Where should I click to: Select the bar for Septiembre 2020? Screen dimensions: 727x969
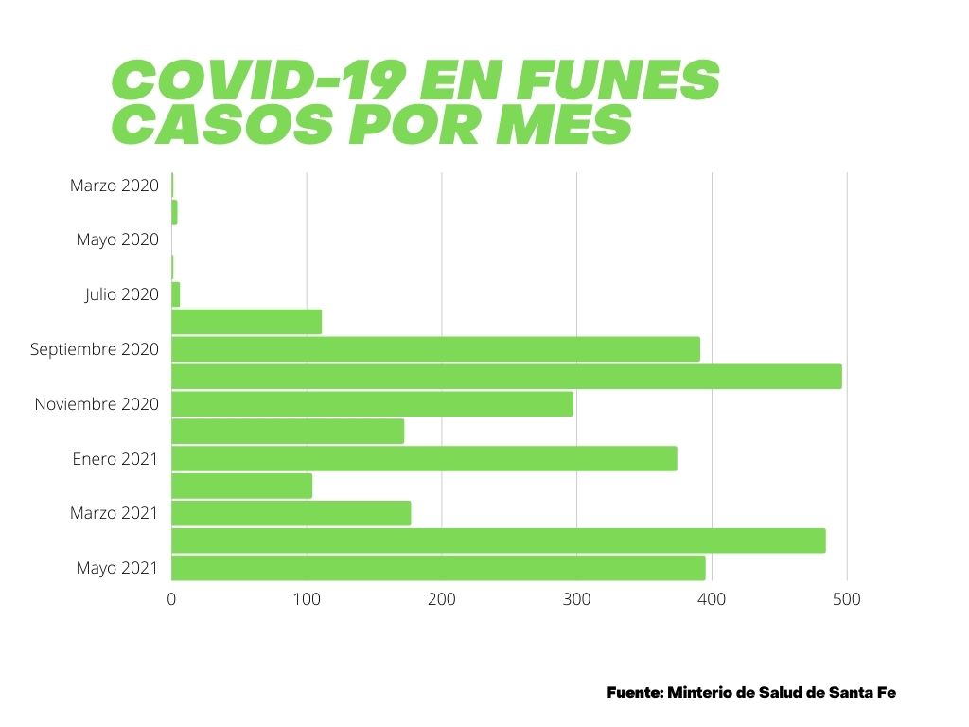click(x=435, y=349)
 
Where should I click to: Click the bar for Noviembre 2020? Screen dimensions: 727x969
click(x=372, y=404)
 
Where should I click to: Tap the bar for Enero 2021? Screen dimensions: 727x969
click(x=424, y=459)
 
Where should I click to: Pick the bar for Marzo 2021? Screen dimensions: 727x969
click(x=291, y=513)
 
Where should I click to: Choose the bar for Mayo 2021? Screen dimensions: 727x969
click(x=438, y=568)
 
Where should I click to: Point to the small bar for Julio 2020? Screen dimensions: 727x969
click(x=175, y=294)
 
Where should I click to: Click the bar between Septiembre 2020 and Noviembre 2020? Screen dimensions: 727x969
click(x=506, y=377)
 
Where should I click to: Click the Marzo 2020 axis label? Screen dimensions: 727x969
click(x=114, y=186)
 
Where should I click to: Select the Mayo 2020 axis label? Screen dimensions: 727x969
click(x=117, y=239)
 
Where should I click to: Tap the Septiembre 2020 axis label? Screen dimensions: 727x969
click(x=94, y=349)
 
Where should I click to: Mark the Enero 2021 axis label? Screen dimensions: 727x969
click(x=115, y=459)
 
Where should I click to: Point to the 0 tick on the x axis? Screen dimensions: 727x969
click(x=171, y=599)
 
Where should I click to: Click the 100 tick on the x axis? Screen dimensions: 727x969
click(x=307, y=599)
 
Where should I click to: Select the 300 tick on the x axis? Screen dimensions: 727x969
click(x=576, y=599)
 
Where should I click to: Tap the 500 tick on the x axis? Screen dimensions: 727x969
click(x=847, y=599)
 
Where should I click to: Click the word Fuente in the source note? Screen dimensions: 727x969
click(x=633, y=692)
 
